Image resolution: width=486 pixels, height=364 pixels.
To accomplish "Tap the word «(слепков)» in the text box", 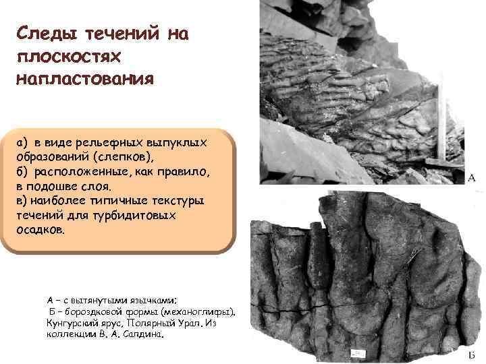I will tap(127, 157).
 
